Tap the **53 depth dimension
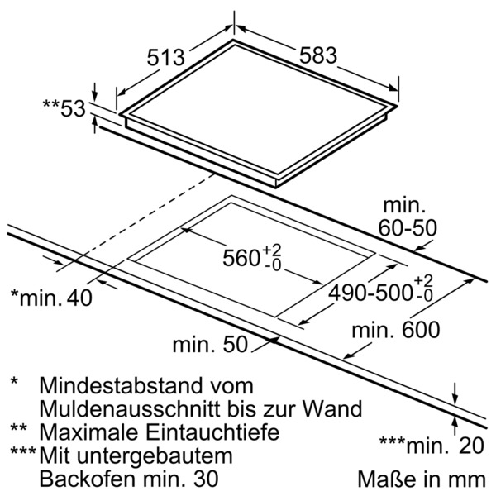click(x=64, y=108)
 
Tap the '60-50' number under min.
click(x=408, y=228)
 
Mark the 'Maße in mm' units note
click(x=421, y=479)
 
